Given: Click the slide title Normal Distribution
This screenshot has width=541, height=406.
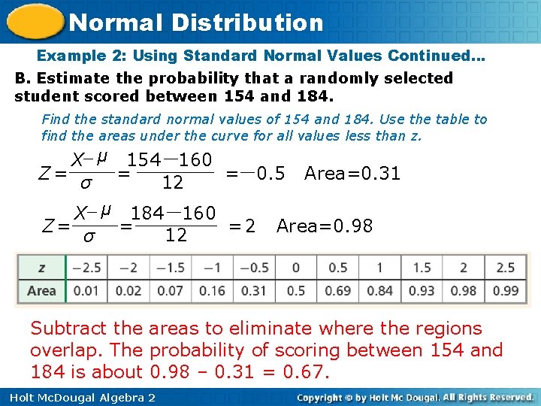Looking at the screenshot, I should coord(195,23).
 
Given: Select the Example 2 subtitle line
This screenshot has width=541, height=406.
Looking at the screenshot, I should coord(261,56).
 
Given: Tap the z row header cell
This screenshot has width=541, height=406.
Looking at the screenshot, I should coord(41,268).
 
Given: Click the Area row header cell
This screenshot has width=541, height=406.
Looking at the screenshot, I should coord(41,290).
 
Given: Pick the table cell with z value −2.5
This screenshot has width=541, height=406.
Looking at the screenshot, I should coord(87,268).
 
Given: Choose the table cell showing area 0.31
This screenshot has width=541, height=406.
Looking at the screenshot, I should coord(254,290).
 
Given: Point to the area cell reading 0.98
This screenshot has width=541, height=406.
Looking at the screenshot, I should coord(463,290).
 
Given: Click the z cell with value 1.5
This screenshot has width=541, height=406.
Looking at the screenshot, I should coord(422,268).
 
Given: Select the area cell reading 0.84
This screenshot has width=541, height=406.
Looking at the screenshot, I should coord(379,290).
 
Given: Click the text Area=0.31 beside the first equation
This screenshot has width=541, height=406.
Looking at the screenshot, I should coord(352,174).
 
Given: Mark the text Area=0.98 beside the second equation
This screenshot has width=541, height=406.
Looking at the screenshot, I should coord(324,226).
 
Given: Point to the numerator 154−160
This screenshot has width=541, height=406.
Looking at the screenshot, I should coord(169,160).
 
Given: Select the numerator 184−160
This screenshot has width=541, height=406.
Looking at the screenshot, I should coord(174,214).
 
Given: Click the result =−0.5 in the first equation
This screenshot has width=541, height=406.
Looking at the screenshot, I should coord(255,174).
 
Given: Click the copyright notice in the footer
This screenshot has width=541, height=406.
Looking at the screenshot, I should coord(415,397).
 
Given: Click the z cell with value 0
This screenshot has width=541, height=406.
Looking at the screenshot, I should coord(296,268).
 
